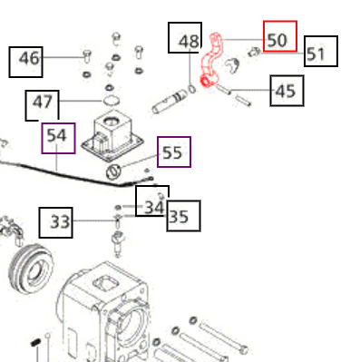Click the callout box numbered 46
(30, 59)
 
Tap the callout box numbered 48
(189, 41)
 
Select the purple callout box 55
(173, 152)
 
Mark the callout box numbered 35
(182, 217)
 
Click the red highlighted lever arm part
(214, 64)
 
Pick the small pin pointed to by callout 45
(239, 94)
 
